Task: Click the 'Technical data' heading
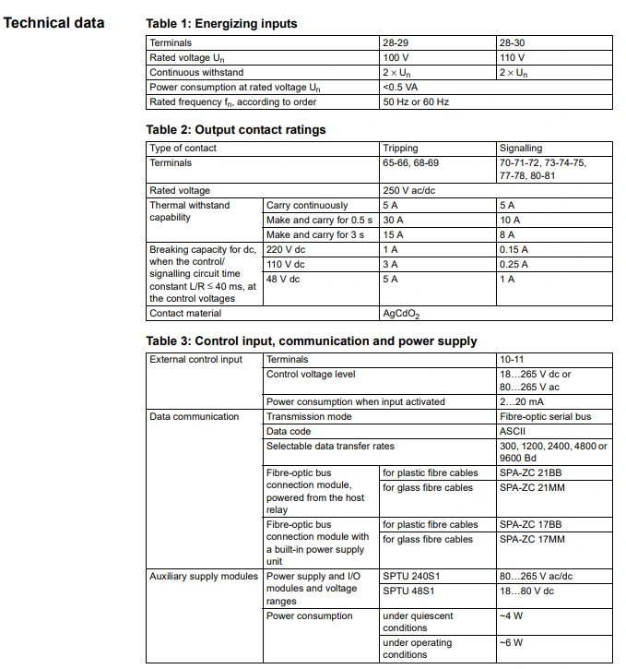coord(53,22)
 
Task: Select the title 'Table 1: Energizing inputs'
coord(221,23)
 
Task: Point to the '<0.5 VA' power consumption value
coord(401,88)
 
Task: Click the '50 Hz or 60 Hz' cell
coord(416,102)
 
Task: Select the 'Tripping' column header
coord(400,148)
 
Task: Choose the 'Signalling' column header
coord(521,148)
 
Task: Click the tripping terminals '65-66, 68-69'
coord(411,162)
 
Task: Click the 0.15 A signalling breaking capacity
coord(514,249)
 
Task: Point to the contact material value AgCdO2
coord(401,314)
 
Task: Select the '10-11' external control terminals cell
coord(512,359)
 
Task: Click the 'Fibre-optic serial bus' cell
coord(545,416)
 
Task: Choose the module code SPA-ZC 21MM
coord(532,487)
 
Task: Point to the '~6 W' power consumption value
coord(511,642)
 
